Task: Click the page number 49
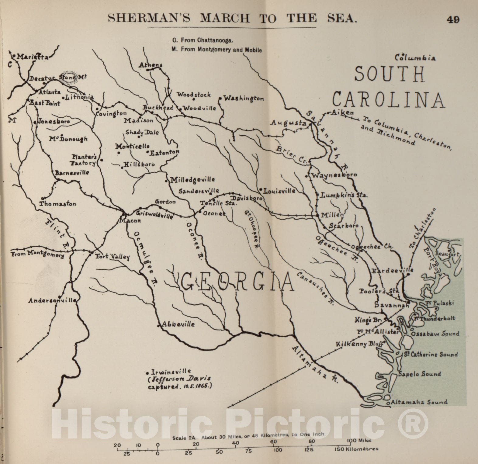click(453, 19)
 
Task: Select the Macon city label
click(130, 221)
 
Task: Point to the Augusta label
click(289, 123)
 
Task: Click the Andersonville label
click(52, 300)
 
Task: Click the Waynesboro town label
click(334, 175)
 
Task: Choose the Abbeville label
click(178, 324)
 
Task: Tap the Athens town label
click(151, 65)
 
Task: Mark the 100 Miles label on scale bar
click(360, 440)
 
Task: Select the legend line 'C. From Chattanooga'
click(203, 40)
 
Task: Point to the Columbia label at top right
click(415, 57)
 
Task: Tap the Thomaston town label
click(58, 204)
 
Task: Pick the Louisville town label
click(279, 191)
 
